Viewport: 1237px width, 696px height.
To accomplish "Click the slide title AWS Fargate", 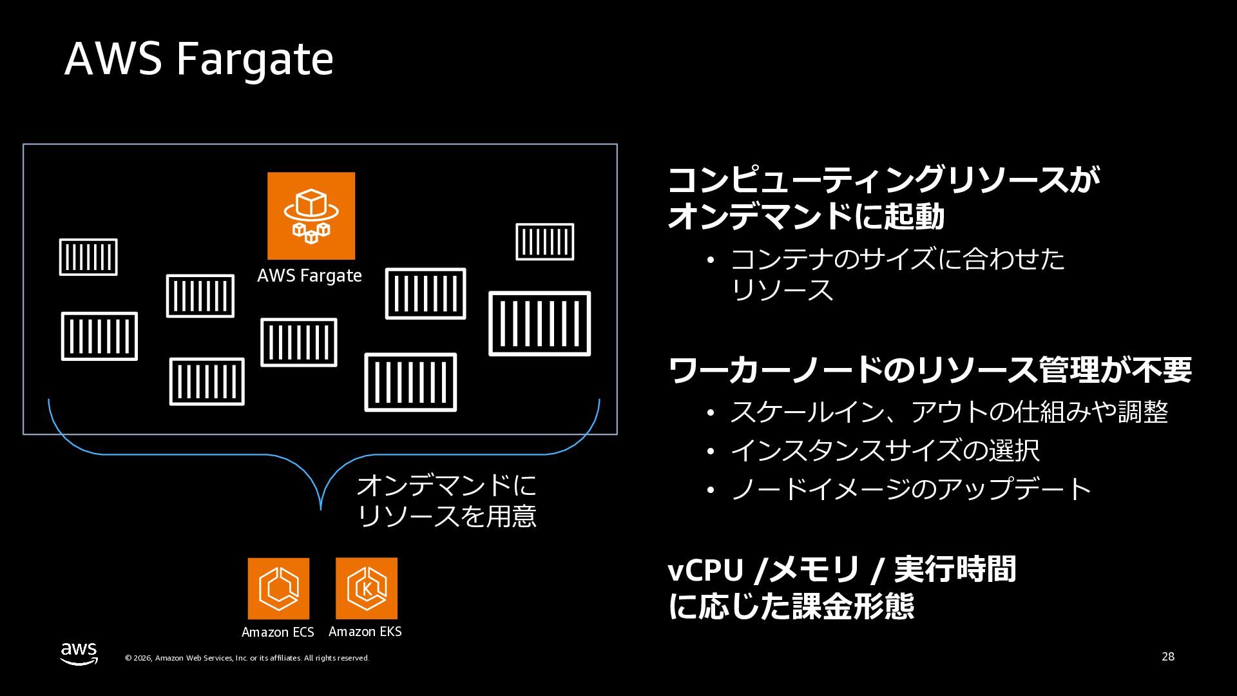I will pyautogui.click(x=198, y=59).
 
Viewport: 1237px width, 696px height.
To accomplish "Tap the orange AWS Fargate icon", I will pyautogui.click(x=311, y=215).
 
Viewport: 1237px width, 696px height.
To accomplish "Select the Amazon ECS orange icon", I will pyautogui.click(x=278, y=588).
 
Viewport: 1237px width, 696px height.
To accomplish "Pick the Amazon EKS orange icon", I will pyautogui.click(x=366, y=588).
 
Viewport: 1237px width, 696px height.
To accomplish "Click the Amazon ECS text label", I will pyautogui.click(x=278, y=632).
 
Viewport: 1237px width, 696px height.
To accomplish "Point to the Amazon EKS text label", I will pyautogui.click(x=365, y=632).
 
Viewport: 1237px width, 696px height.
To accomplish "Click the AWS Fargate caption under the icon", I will pyautogui.click(x=309, y=276).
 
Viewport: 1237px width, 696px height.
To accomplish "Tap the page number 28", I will pyautogui.click(x=1167, y=657).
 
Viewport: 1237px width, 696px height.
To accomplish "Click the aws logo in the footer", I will pyautogui.click(x=79, y=653).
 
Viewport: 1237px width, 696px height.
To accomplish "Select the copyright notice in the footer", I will pyautogui.click(x=247, y=658).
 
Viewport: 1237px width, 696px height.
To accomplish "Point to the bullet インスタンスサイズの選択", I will pyautogui.click(x=884, y=450).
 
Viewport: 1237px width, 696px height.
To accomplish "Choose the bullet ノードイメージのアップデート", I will pyautogui.click(x=910, y=488).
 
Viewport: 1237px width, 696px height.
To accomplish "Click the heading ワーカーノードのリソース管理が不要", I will pyautogui.click(x=930, y=370).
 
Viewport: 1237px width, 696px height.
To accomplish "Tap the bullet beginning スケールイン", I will pyautogui.click(x=948, y=412).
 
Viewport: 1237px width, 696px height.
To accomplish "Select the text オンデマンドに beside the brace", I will pyautogui.click(x=446, y=485).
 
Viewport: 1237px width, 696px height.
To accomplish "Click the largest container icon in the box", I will pyautogui.click(x=539, y=324).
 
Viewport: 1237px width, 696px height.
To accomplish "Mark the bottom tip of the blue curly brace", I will pyautogui.click(x=321, y=508).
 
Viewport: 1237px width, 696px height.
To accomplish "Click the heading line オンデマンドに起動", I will pyautogui.click(x=806, y=217).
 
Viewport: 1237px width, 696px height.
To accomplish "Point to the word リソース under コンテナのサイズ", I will pyautogui.click(x=782, y=290).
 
